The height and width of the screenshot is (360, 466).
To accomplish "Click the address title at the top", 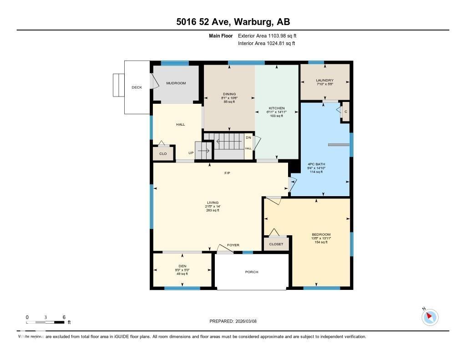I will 233,22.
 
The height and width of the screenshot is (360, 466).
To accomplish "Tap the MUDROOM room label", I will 176,83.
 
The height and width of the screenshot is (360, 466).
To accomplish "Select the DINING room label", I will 229,94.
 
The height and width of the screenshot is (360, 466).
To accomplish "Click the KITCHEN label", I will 276,108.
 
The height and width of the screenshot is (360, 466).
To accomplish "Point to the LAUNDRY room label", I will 325,81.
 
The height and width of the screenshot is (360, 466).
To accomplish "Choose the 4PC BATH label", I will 316,164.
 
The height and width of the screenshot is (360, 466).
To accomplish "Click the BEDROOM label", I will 321,234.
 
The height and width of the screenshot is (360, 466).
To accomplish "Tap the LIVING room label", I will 212,203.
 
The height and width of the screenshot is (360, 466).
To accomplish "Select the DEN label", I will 182,266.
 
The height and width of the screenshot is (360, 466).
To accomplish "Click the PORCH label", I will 252,272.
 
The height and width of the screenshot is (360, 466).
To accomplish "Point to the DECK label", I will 137,87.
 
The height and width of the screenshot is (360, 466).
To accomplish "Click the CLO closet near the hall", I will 163,154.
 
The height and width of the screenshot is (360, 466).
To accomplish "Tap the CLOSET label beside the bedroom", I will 276,244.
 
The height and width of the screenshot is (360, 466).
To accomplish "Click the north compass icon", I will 430,317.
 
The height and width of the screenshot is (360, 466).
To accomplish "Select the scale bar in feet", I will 46,322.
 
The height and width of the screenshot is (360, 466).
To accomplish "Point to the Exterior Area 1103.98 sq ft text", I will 267,35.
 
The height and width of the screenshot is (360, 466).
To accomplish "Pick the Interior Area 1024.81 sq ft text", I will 266,44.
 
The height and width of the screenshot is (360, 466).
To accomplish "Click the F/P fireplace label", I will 227,173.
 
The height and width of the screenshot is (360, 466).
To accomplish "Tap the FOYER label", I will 233,245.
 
